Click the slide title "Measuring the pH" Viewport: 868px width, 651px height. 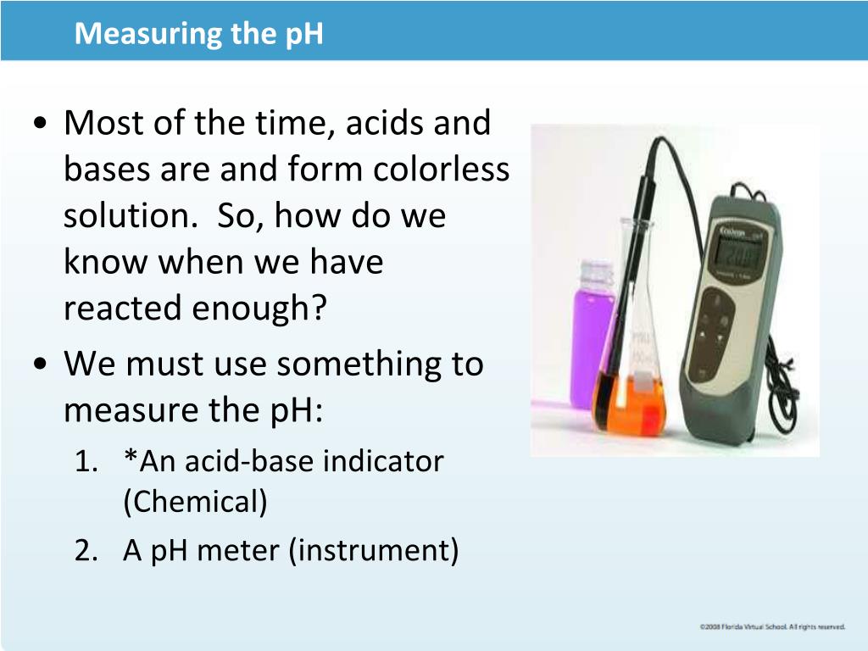pyautogui.click(x=198, y=34)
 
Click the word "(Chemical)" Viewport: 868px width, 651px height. pyautogui.click(x=195, y=502)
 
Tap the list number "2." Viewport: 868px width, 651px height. pyautogui.click(x=86, y=551)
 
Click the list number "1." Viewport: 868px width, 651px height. pyautogui.click(x=86, y=461)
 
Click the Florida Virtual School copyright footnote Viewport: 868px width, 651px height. pyautogui.click(x=772, y=626)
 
